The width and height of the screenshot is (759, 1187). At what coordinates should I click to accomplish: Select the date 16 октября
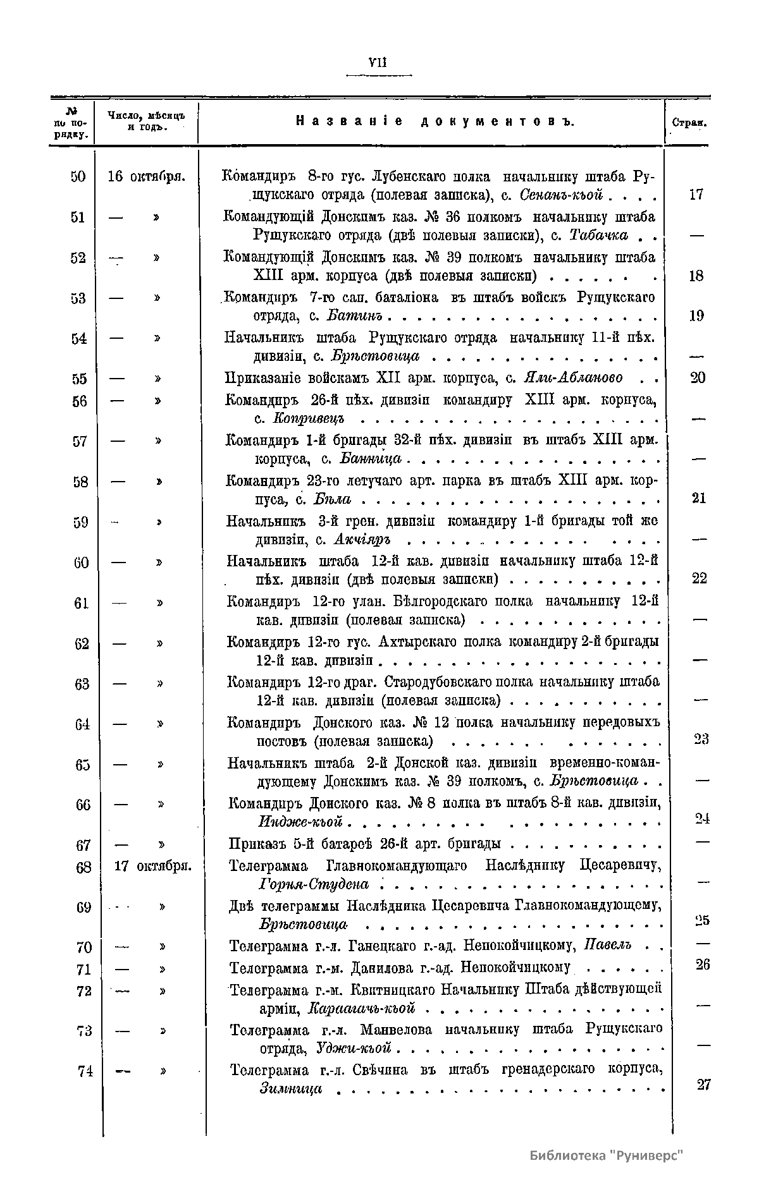pyautogui.click(x=146, y=176)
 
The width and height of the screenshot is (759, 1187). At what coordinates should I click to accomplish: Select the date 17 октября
pyautogui.click(x=153, y=866)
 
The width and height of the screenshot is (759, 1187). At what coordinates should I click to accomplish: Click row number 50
pyautogui.click(x=78, y=176)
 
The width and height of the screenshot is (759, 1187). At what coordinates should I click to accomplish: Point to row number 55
pyautogui.click(x=79, y=379)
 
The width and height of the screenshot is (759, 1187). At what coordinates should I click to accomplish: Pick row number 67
pyautogui.click(x=83, y=845)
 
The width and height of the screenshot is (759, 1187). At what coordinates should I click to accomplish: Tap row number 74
pyautogui.click(x=85, y=1071)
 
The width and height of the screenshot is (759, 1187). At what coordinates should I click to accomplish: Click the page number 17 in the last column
pyautogui.click(x=696, y=195)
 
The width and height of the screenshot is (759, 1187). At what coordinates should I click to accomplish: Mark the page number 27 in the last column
pyautogui.click(x=703, y=1085)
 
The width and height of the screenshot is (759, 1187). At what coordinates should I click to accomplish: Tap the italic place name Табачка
pyautogui.click(x=598, y=235)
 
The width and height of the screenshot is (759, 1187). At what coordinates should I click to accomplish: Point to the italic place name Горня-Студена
pyautogui.click(x=314, y=883)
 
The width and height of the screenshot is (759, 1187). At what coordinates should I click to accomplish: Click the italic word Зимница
pyautogui.click(x=291, y=1088)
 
